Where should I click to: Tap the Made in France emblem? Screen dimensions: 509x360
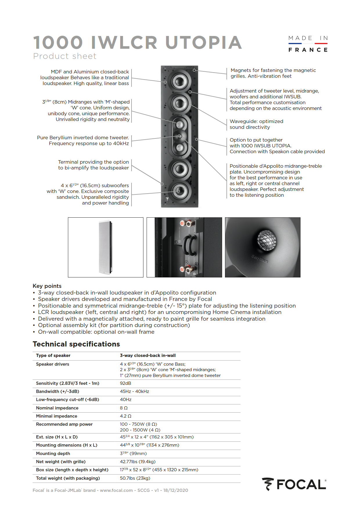(308, 44)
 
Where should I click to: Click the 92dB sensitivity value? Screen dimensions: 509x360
(125, 383)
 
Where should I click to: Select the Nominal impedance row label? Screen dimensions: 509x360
(57, 408)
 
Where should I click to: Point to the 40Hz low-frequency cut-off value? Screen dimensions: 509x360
(126, 400)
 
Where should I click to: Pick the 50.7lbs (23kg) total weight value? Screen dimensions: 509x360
(135, 478)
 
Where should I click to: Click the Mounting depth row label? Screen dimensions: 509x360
(53, 454)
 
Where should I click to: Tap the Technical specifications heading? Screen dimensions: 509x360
(76, 344)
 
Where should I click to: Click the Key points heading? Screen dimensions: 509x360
(47, 286)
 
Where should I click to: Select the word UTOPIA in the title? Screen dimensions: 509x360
(204, 42)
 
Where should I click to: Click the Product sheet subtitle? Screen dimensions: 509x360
(65, 56)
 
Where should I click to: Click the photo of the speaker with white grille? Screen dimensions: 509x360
(106, 247)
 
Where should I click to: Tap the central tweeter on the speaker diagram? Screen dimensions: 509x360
(180, 136)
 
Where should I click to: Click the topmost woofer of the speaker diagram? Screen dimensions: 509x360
(179, 82)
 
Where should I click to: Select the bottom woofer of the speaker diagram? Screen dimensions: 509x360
(179, 191)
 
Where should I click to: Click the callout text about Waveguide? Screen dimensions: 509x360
(256, 124)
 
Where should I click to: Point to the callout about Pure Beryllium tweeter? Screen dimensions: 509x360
(83, 140)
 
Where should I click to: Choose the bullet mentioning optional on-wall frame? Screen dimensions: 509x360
(96, 332)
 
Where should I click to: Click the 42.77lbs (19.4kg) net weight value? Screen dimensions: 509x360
(138, 462)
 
